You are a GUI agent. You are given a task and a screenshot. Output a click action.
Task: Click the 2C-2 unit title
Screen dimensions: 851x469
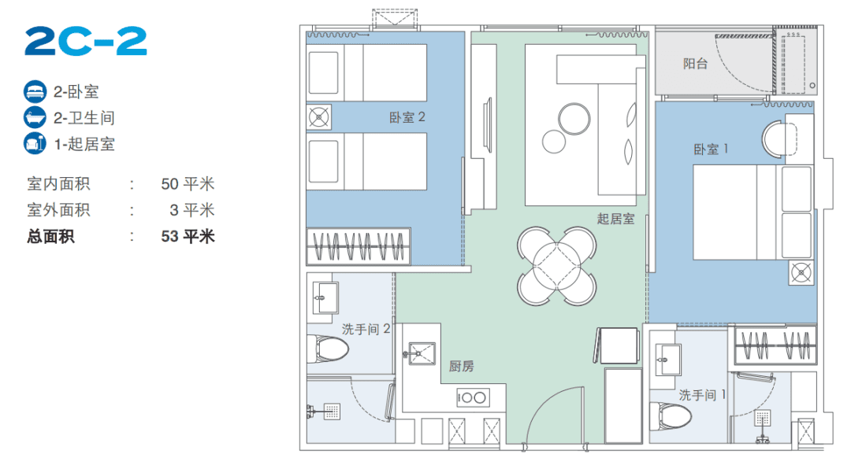(x=86, y=41)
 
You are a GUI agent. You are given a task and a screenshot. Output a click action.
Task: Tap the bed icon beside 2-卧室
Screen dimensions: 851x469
(x=35, y=91)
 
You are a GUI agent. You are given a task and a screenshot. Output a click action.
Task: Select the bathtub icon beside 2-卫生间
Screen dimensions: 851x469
(x=35, y=117)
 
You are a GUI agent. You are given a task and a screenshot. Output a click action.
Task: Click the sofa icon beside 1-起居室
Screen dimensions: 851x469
(x=35, y=144)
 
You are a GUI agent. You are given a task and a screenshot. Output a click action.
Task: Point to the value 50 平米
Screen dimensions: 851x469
(x=188, y=184)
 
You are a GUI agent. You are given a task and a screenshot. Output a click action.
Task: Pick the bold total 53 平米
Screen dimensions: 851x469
(x=188, y=236)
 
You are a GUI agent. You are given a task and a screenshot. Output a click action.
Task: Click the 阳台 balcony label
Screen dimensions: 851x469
(x=695, y=64)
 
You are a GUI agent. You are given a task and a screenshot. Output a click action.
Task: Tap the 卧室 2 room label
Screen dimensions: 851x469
(x=407, y=117)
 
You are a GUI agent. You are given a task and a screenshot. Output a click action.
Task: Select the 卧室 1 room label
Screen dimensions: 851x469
(x=711, y=149)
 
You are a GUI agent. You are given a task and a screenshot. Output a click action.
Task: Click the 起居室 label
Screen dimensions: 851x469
(x=615, y=219)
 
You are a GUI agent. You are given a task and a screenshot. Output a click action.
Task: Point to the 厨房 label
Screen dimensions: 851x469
(x=461, y=367)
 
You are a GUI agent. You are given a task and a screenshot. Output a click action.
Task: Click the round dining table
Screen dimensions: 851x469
(x=557, y=266)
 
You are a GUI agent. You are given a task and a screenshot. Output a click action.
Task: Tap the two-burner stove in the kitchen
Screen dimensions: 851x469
(x=473, y=398)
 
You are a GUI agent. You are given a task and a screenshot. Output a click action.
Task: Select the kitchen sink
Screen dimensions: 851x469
(x=421, y=353)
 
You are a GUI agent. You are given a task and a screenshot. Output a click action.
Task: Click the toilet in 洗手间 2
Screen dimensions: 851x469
(x=328, y=349)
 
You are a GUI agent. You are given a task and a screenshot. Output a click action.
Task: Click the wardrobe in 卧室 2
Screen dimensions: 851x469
(x=359, y=247)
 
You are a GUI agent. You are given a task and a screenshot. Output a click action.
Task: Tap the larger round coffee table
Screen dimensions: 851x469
(x=574, y=119)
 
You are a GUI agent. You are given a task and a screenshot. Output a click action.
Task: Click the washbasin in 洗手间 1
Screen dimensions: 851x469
(x=668, y=360)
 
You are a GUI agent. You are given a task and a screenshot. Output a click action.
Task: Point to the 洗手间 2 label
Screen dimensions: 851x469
(x=366, y=329)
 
